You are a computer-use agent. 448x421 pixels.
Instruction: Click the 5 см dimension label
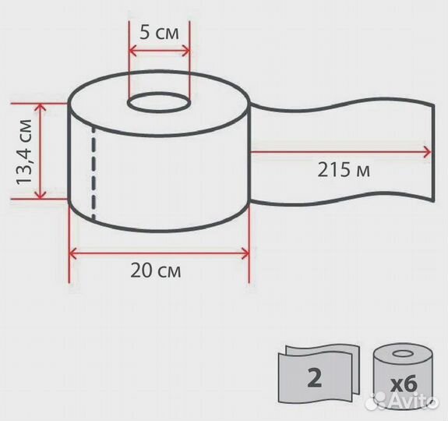tap(159, 34)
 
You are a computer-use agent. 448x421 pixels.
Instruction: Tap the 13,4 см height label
tap(23, 151)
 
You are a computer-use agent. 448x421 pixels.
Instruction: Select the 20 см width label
tap(156, 271)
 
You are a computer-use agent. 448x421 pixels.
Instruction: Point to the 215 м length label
tap(344, 170)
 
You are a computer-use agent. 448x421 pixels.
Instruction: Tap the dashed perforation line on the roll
tap(93, 173)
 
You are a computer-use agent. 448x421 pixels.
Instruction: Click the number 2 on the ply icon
tap(315, 377)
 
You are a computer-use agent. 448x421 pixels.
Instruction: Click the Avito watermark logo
tap(403, 400)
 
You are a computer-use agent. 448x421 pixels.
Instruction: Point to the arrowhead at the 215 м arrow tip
tap(428, 152)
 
